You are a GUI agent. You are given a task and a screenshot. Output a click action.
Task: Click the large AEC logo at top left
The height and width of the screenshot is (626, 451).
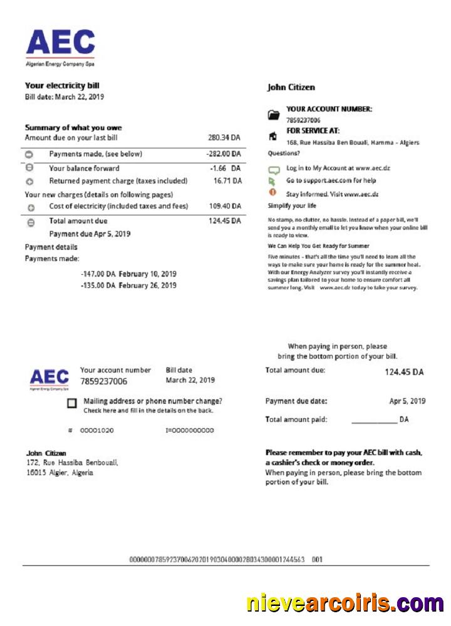[60, 44]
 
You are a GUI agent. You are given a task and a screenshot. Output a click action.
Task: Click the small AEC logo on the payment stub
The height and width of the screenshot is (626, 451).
[49, 379]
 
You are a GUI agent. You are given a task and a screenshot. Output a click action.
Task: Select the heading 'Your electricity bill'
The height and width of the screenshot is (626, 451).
[62, 86]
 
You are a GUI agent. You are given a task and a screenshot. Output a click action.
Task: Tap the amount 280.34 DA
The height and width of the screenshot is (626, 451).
[224, 138]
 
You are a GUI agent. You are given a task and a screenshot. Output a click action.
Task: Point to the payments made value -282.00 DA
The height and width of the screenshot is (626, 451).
[224, 154]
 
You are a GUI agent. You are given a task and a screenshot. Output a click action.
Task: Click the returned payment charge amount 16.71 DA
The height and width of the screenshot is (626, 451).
[227, 181]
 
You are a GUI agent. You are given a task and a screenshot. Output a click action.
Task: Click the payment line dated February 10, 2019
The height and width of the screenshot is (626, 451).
[128, 274]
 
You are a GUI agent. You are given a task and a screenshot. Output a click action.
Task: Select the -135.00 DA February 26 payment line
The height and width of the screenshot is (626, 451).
[128, 285]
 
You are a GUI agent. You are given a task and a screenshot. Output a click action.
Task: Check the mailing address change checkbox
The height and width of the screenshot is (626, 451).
[72, 404]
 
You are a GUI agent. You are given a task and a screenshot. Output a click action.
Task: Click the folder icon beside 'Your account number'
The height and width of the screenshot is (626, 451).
[273, 115]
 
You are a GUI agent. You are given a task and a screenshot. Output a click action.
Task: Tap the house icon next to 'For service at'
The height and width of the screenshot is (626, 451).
[272, 136]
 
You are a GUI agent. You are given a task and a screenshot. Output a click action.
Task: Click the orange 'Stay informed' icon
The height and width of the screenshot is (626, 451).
[272, 192]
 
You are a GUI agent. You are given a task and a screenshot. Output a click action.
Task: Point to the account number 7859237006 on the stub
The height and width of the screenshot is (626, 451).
[103, 381]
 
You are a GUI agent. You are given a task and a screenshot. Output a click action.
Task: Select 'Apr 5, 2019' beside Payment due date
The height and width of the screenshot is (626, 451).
[407, 401]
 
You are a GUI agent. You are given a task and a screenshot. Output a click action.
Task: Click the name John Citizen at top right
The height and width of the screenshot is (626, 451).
[291, 88]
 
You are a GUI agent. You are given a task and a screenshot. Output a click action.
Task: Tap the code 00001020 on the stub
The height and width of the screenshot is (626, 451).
[96, 431]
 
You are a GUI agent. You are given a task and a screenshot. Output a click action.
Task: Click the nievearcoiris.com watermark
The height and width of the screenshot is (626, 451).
[345, 603]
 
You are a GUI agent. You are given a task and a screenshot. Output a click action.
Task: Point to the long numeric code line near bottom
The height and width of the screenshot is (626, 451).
[217, 559]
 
